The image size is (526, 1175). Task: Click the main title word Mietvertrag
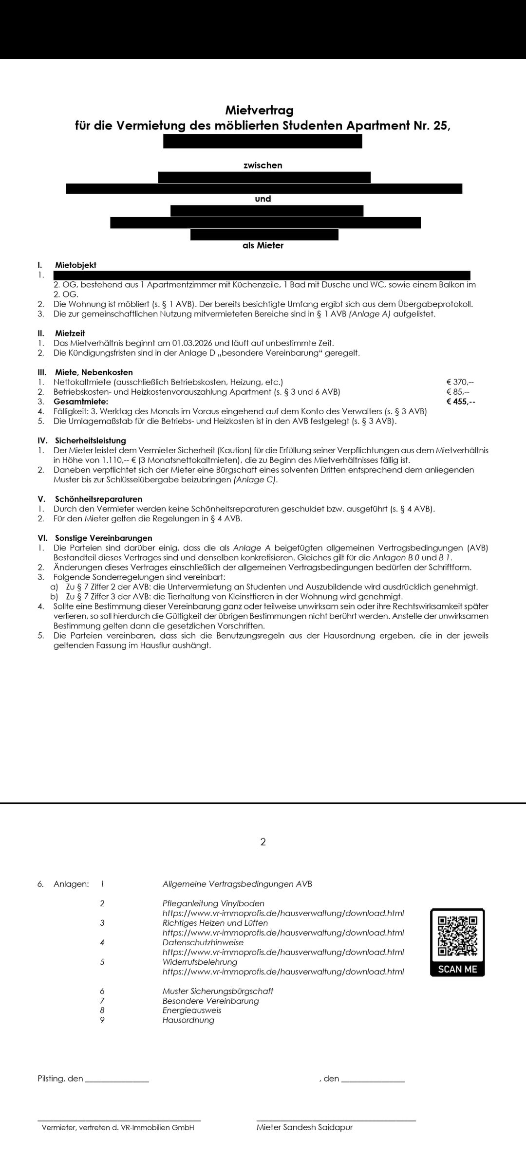tap(259, 110)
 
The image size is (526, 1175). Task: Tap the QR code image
tap(457, 936)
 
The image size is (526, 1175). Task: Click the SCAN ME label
tap(457, 969)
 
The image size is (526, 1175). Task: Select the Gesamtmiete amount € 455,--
tap(460, 402)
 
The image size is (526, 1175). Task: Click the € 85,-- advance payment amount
tap(458, 392)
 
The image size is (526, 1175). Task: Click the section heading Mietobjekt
tap(75, 265)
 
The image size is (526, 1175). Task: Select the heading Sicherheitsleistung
tap(91, 441)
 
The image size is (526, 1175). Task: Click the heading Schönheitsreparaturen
tap(98, 499)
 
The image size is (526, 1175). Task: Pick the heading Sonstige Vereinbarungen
tap(103, 538)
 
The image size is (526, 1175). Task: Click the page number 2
tap(263, 842)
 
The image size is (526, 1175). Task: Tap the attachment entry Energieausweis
tap(191, 1010)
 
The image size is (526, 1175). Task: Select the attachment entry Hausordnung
tap(188, 1020)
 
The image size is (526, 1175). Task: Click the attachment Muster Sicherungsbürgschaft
tap(218, 991)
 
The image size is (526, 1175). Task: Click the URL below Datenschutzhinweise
tap(283, 952)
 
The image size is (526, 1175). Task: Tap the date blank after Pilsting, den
tap(117, 1079)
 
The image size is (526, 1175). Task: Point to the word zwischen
tap(263, 165)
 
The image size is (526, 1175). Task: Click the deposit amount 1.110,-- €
tap(118, 460)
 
